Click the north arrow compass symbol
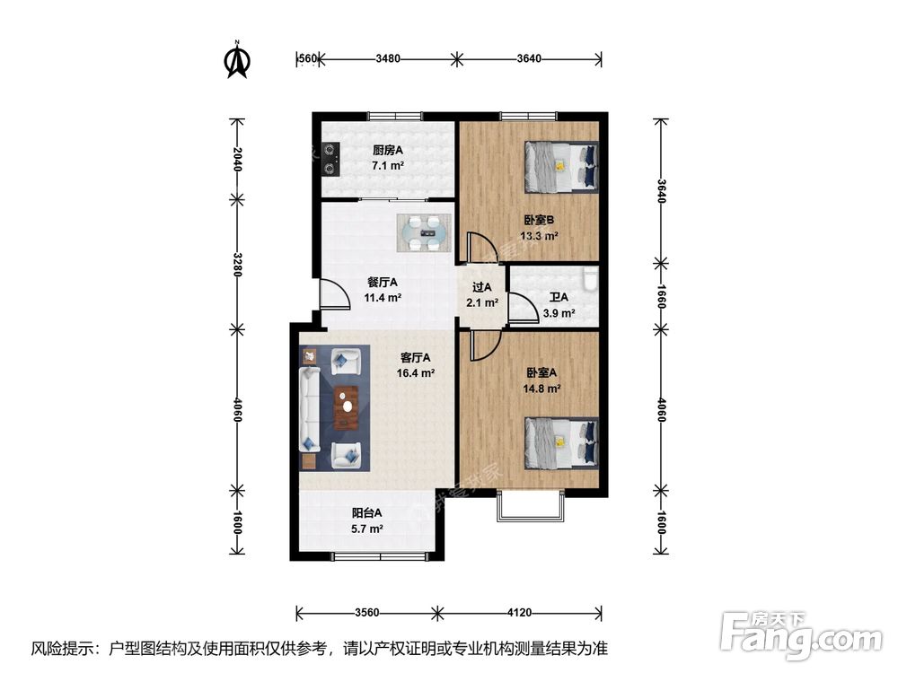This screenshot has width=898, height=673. point(237,59)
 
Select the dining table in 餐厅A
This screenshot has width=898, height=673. point(423,232)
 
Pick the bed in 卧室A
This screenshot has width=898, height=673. point(561,442)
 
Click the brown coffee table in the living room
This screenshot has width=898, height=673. point(345,407)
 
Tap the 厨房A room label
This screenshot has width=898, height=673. point(388,151)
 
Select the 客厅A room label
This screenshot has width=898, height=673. point(415,355)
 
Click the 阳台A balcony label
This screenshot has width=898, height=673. point(366,513)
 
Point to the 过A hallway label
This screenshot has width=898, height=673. point(482,288)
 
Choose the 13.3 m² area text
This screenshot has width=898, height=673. point(539,236)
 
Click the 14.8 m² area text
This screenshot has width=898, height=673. point(541,389)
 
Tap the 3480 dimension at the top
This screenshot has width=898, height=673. point(388,59)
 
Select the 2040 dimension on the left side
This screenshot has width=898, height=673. point(236,159)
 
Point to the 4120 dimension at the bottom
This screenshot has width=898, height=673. point(519,614)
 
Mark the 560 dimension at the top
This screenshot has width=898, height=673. point(307,59)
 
